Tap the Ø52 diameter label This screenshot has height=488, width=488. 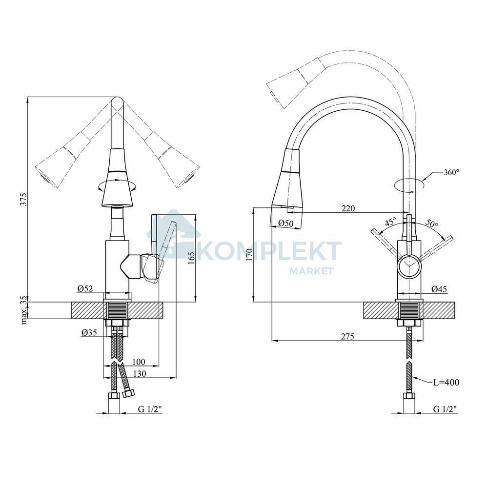point(85,288)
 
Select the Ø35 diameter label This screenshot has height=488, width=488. point(89,333)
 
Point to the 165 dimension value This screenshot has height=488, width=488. point(191,258)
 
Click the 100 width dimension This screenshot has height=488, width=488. point(139,362)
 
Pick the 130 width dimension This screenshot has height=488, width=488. point(140,373)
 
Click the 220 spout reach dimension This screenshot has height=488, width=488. point(348,208)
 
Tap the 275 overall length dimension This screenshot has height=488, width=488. point(347,336)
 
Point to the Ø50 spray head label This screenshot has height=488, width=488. point(286,223)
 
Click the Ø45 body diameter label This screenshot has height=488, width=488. point(439,289)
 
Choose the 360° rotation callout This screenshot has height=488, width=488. point(451,172)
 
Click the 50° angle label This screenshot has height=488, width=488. point(431,223)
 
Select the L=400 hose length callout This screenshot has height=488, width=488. point(447,382)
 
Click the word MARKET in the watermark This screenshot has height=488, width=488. point(311,271)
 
